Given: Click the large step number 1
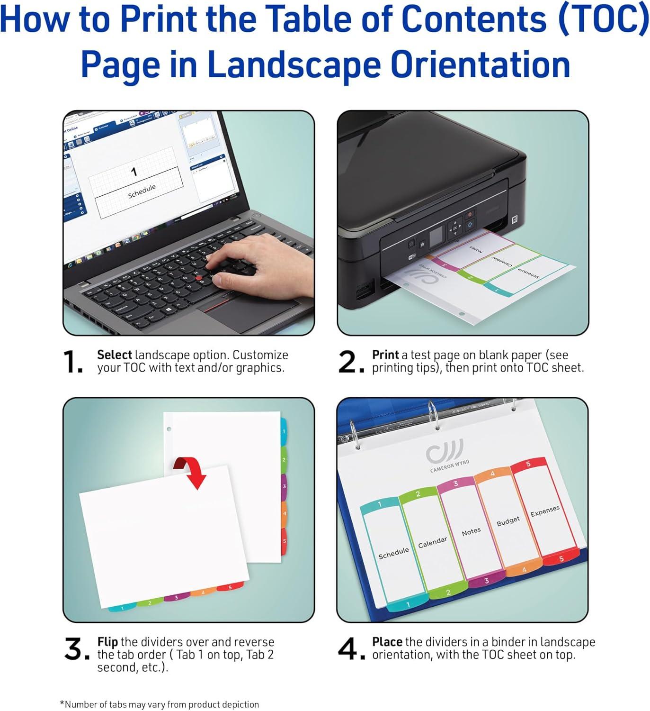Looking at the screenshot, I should tap(72, 362).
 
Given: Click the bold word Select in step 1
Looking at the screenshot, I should tap(114, 355).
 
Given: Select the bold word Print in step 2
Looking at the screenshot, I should tap(385, 355).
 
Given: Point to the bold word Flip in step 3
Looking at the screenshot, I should tap(107, 642).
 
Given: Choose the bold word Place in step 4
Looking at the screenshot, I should tap(387, 642).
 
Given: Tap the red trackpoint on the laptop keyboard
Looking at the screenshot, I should tap(199, 276).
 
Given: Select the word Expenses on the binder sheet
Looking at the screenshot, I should tap(544, 511).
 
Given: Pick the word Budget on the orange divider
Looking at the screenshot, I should tap(508, 521).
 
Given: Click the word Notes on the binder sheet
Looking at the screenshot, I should tap(471, 532).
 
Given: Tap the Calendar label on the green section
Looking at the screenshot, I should tap(432, 542).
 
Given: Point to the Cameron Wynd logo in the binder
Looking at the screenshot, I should tap(446, 455).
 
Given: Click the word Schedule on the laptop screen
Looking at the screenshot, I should tap(142, 191).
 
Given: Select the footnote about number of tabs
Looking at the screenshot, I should tap(159, 704).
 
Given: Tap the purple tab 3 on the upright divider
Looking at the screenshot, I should tap(284, 487).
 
